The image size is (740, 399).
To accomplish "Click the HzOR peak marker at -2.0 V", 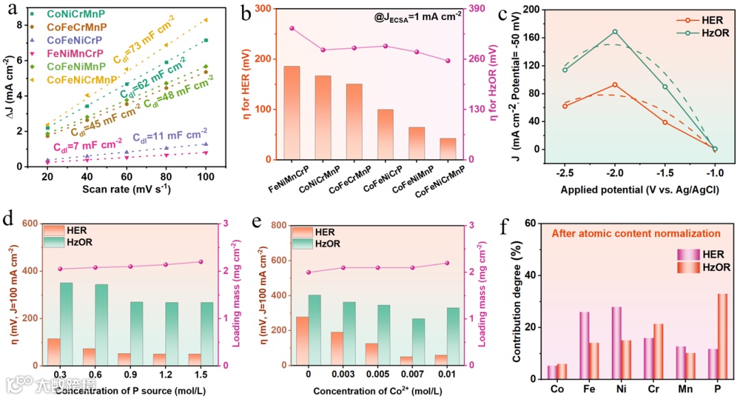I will [x=615, y=32].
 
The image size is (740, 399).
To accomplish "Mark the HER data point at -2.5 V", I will [x=565, y=106].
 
